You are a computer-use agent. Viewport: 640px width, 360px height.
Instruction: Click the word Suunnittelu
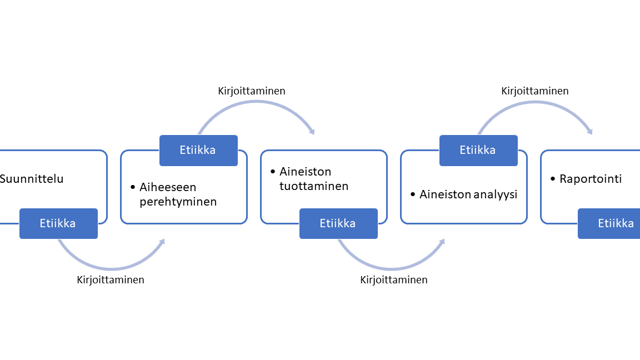32,179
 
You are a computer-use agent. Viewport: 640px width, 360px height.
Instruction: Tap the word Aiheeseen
168,187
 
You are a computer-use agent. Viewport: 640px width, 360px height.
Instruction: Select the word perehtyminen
178,202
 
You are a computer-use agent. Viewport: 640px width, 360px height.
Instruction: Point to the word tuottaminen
314,186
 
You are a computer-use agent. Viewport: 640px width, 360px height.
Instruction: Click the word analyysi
493,195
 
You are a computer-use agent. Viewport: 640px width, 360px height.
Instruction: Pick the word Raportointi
591,179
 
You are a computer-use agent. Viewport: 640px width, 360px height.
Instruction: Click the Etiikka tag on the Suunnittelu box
58,224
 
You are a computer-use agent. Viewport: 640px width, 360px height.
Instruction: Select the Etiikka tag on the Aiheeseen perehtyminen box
198,150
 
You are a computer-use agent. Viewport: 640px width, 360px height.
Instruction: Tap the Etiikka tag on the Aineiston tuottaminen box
338,224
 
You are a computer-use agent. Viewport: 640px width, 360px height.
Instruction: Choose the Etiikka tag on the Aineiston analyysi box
478,150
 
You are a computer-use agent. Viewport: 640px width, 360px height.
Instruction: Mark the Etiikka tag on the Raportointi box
609,224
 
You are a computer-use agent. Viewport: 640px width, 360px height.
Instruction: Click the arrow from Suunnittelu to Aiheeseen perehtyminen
111,268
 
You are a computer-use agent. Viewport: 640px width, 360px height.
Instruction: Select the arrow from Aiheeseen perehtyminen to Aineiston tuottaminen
256,102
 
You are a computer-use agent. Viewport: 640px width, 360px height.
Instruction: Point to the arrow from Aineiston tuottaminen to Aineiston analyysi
391,268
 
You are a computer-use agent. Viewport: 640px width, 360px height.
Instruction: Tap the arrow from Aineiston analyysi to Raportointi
535,102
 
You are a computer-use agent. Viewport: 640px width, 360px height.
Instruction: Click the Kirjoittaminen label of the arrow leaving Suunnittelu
111,280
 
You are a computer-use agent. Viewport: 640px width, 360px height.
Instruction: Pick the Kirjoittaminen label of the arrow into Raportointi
534,91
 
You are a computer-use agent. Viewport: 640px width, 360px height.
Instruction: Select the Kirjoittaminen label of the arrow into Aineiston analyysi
394,280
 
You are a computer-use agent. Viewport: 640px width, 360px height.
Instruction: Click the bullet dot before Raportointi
553,179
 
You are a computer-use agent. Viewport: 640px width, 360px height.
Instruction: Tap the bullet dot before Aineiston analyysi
413,194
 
